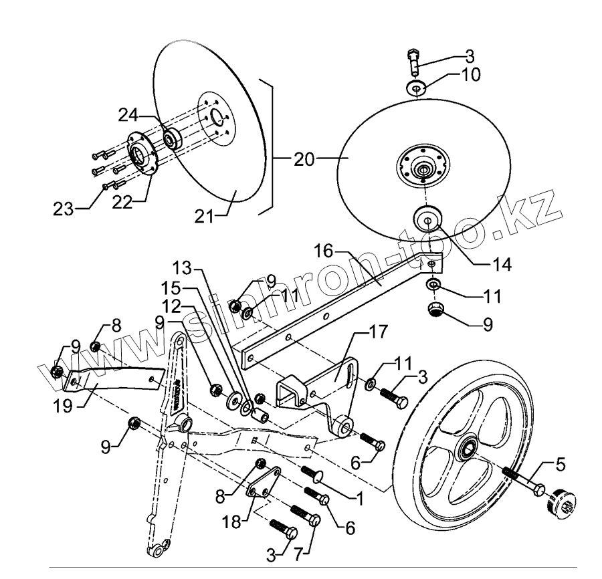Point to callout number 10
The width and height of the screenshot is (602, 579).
(x=471, y=74)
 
